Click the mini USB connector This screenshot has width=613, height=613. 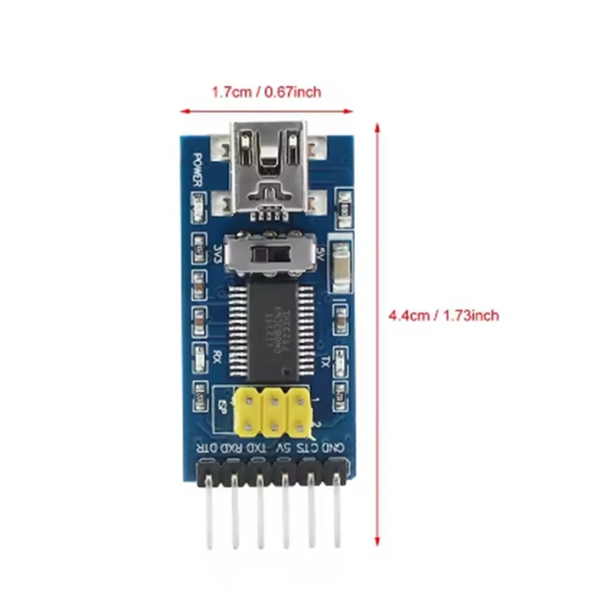(268, 170)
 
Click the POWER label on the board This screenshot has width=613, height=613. (197, 169)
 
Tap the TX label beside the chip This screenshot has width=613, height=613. (324, 361)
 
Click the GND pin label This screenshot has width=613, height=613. (337, 446)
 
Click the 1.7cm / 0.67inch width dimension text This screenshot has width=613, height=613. (266, 92)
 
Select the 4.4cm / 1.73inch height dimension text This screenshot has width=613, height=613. (444, 315)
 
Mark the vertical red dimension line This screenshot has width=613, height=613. (377, 332)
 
